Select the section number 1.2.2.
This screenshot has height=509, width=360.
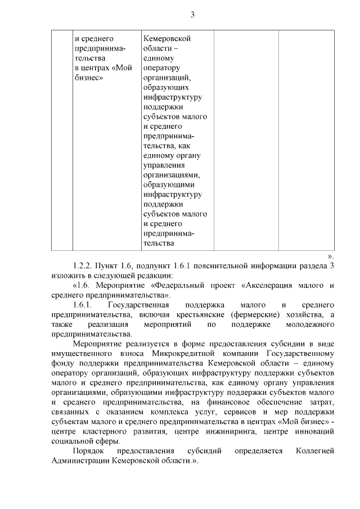pyautogui.click(x=83, y=265)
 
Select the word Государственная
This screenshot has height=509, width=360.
pyautogui.click(x=136, y=305)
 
